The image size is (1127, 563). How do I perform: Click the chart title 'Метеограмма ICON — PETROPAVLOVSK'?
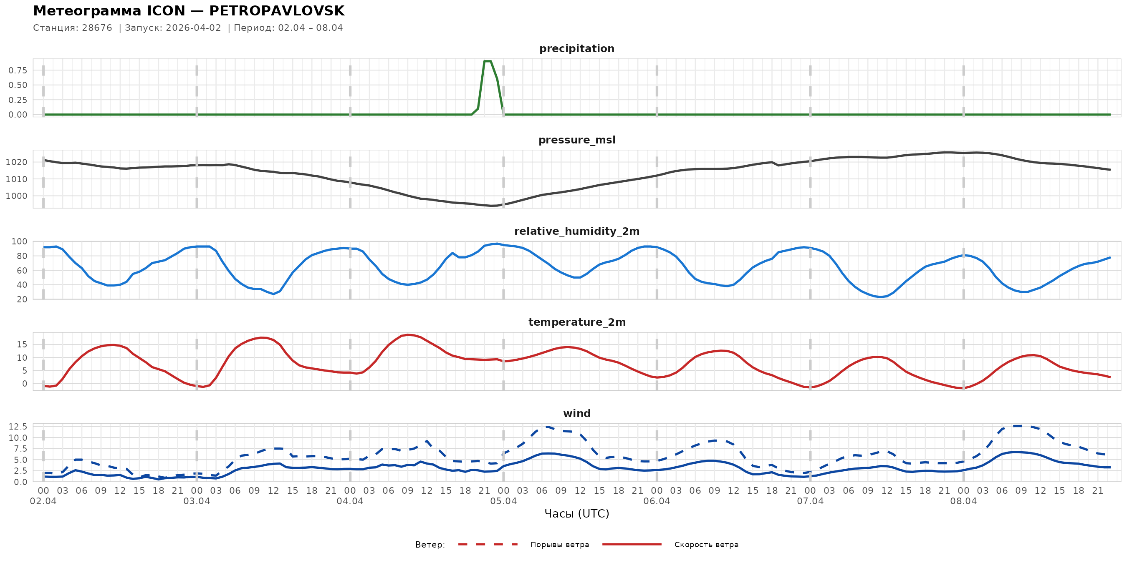pyautogui.click(x=189, y=11)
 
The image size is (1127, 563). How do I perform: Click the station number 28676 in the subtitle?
pyautogui.click(x=97, y=28)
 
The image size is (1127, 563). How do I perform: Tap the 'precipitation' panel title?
pyautogui.click(x=576, y=48)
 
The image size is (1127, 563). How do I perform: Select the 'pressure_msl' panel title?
pyautogui.click(x=576, y=140)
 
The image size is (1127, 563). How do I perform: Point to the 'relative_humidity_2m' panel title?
pyautogui.click(x=576, y=231)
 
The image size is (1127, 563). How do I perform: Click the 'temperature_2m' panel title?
pyautogui.click(x=576, y=322)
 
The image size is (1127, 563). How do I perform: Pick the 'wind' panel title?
pyautogui.click(x=576, y=414)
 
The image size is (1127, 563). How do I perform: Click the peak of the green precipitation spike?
pyautogui.click(x=488, y=61)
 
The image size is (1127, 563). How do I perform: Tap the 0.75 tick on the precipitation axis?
pyautogui.click(x=18, y=70)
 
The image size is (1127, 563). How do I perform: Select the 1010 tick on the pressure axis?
pyautogui.click(x=16, y=179)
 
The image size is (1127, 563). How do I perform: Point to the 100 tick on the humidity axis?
pyautogui.click(x=19, y=242)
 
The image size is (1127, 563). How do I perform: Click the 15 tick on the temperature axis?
pyautogui.click(x=22, y=344)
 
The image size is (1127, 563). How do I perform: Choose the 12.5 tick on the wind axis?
pyautogui.click(x=18, y=427)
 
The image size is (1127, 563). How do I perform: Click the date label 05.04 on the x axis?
pyautogui.click(x=503, y=501)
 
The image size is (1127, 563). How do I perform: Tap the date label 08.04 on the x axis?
pyautogui.click(x=963, y=501)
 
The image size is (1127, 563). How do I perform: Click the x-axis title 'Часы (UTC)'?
pyautogui.click(x=576, y=514)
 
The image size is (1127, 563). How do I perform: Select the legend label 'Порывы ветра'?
pyautogui.click(x=560, y=545)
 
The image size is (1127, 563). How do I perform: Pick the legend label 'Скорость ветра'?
pyautogui.click(x=706, y=545)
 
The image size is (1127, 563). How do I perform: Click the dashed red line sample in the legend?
pyautogui.click(x=488, y=544)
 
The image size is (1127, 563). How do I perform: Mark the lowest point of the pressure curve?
pyautogui.click(x=493, y=206)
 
